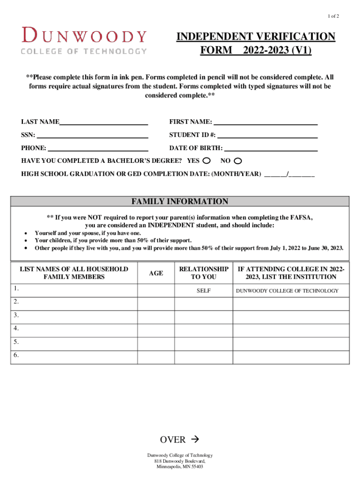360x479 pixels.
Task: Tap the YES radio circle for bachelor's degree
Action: pos(207,161)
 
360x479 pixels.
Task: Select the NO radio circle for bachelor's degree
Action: pos(238,161)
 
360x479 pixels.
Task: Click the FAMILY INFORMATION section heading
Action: pos(180,202)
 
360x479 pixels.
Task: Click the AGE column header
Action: pos(156,273)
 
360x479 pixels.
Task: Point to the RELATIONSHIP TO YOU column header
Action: pos(203,273)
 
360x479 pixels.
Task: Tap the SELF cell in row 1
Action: pos(203,291)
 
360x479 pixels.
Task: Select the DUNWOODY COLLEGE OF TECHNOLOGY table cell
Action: pos(287,291)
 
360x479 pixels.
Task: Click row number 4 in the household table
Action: pos(16,328)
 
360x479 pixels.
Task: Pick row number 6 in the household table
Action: pos(16,355)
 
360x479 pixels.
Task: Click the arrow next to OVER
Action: pos(195,440)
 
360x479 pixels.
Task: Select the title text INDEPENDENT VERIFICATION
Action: pos(256,37)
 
